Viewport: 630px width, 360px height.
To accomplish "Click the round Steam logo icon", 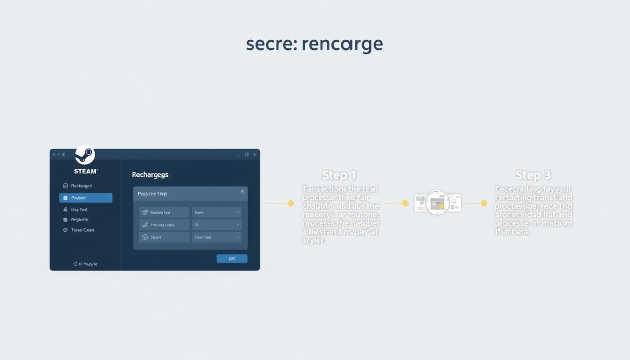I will click(85, 155).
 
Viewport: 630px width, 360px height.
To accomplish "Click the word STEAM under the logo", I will click(86, 171).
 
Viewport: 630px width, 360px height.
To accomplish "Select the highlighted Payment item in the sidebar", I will click(86, 198).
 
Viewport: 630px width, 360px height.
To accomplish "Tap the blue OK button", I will click(232, 258).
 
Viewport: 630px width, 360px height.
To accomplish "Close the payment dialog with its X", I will click(242, 191).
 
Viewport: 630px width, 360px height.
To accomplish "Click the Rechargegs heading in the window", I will click(150, 174).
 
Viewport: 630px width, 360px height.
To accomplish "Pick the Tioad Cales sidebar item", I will click(82, 230).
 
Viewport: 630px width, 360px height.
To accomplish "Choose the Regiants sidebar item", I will click(79, 220).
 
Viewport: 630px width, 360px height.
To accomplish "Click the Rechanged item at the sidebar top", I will click(81, 186).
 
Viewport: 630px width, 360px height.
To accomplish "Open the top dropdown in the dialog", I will click(217, 212).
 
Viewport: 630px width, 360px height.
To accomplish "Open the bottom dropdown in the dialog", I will click(217, 237).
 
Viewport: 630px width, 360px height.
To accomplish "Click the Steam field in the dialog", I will click(164, 237).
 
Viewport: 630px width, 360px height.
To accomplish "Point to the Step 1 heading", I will click(339, 175).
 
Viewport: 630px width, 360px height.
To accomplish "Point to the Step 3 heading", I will click(533, 175).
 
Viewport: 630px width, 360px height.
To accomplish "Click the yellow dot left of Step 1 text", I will click(291, 203).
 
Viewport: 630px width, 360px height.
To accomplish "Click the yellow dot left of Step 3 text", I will click(484, 203).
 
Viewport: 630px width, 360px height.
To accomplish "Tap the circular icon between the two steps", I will click(437, 203).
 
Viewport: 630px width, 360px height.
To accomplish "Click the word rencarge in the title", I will click(343, 45).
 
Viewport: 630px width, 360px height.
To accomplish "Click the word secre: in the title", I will click(271, 45).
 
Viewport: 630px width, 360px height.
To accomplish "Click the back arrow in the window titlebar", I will click(54, 154).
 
